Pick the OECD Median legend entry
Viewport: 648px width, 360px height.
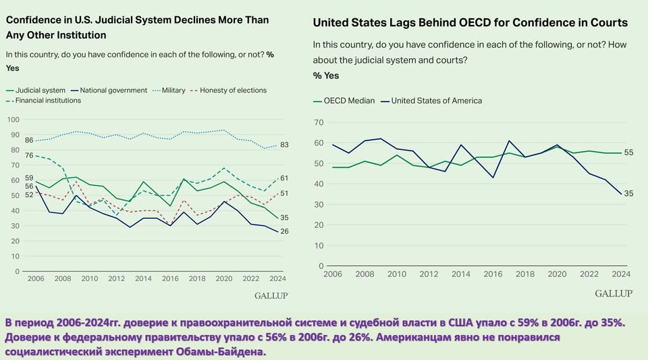[x=348, y=101]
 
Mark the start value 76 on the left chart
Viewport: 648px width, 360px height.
[x=29, y=155]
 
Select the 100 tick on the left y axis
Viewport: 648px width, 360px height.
[x=13, y=119]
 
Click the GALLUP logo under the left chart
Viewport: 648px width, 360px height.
[x=271, y=296]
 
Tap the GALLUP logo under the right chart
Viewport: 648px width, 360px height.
[x=614, y=293]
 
